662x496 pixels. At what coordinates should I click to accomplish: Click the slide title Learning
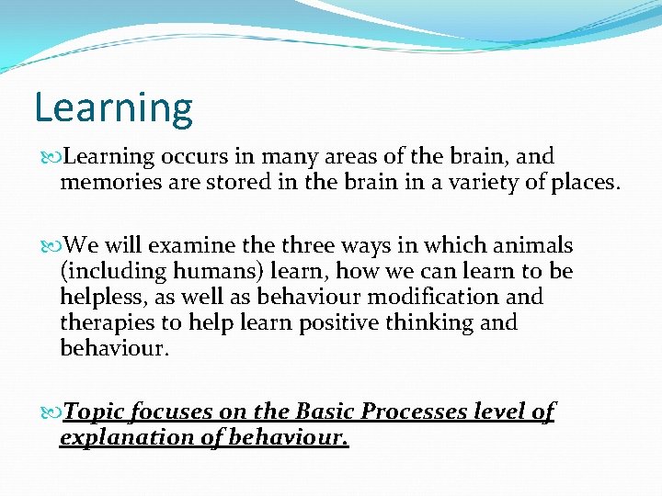[113, 108]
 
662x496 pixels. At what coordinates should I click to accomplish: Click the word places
[579, 182]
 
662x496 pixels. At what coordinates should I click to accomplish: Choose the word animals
[531, 246]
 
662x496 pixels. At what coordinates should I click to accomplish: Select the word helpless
[98, 298]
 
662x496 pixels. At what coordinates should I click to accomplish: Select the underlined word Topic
[97, 412]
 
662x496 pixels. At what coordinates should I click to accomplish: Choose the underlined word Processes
[413, 412]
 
